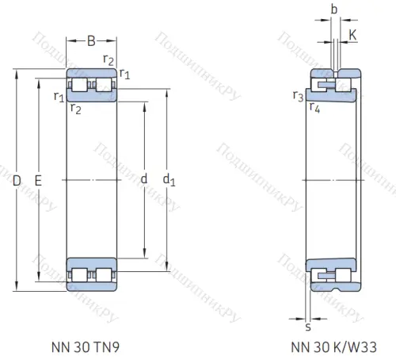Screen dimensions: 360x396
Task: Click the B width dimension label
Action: pyautogui.click(x=90, y=41)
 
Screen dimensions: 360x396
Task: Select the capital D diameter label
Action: pyautogui.click(x=17, y=181)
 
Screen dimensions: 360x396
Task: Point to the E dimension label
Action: pyautogui.click(x=38, y=181)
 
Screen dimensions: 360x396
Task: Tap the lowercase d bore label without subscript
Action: pyautogui.click(x=143, y=180)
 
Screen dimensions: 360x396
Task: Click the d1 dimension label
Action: pyautogui.click(x=168, y=181)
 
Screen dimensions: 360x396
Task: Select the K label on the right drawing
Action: pyautogui.click(x=353, y=34)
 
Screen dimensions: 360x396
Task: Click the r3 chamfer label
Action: pyautogui.click(x=297, y=97)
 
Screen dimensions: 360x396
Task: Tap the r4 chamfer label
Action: pyautogui.click(x=314, y=108)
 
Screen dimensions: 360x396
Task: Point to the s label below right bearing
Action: pyautogui.click(x=308, y=325)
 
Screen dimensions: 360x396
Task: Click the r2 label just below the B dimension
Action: pyautogui.click(x=109, y=59)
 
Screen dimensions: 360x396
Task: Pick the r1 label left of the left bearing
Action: pyautogui.click(x=58, y=97)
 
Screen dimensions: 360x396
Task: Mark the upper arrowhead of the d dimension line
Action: pyautogui.click(x=143, y=103)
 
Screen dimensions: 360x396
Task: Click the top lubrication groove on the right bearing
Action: pyautogui.click(x=335, y=74)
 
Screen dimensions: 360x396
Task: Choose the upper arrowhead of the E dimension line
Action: pyautogui.click(x=38, y=79)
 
